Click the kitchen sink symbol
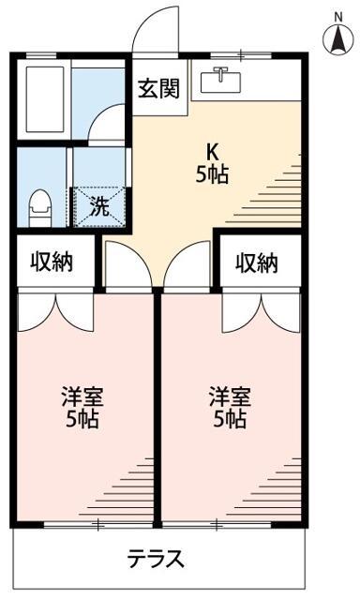[x=222, y=80]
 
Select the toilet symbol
[x=39, y=207]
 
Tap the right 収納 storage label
[x=256, y=262]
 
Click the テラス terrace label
[x=156, y=560]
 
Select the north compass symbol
[x=337, y=40]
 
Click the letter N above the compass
[x=337, y=14]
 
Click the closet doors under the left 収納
[x=55, y=309]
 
